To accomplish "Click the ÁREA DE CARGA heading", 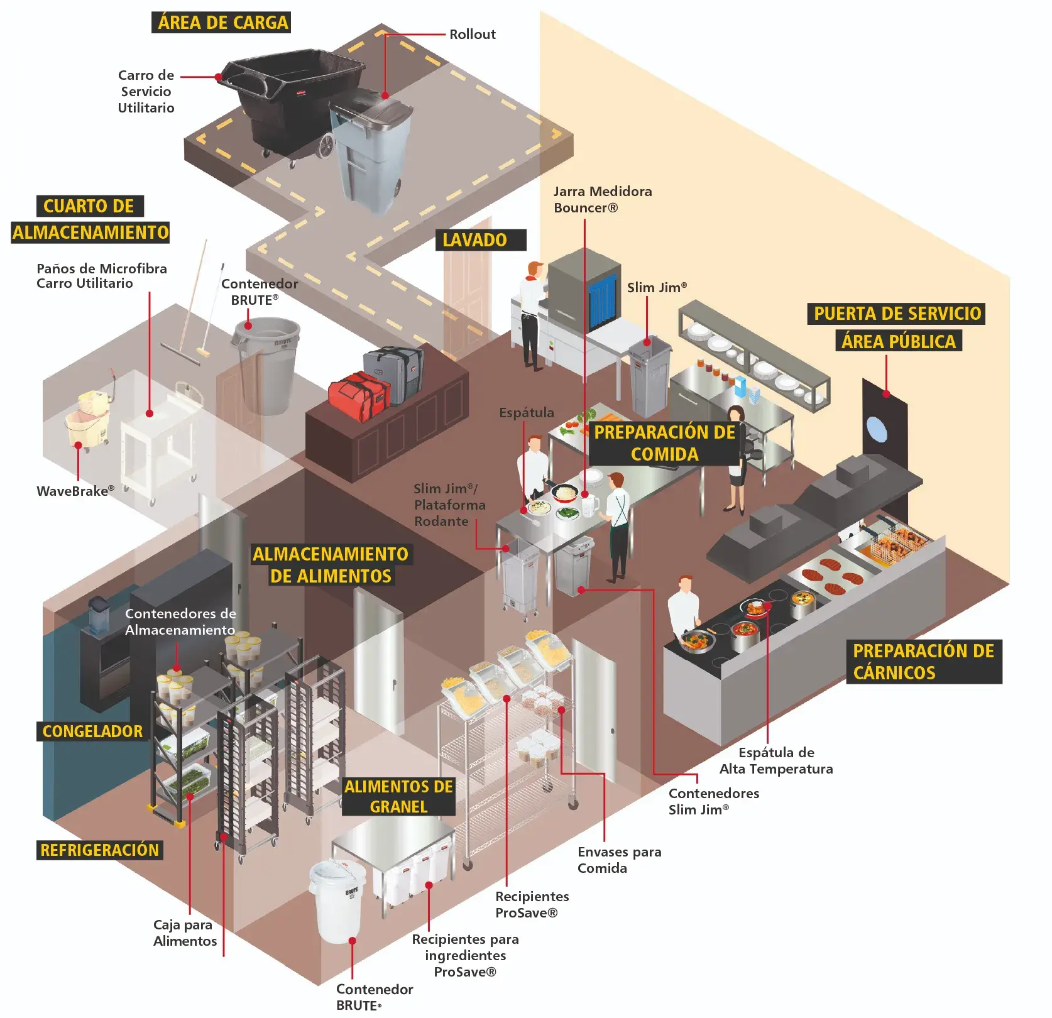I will point(221,23).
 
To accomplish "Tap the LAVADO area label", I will point(476,240).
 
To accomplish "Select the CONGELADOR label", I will point(92,731).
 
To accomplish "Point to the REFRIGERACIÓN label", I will point(99,850).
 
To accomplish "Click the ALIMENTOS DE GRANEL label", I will point(398,796).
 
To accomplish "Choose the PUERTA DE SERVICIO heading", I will point(897,314).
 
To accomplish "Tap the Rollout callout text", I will point(472,35).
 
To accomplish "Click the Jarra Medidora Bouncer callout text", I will point(602,199).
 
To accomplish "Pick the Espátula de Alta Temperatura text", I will point(776,760).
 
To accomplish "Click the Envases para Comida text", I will point(619,860).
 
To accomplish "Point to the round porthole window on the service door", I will point(877,429).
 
